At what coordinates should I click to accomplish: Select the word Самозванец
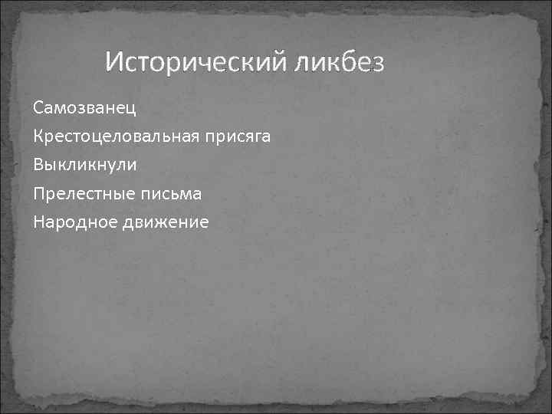(84, 107)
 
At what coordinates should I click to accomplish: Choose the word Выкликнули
(85, 164)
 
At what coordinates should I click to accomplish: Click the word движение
(171, 222)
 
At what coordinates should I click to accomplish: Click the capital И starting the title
(114, 60)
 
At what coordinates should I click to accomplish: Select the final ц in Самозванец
(131, 108)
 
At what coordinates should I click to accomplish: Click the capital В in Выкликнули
(38, 164)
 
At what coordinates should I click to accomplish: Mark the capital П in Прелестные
(39, 193)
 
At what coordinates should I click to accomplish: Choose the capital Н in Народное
(39, 222)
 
